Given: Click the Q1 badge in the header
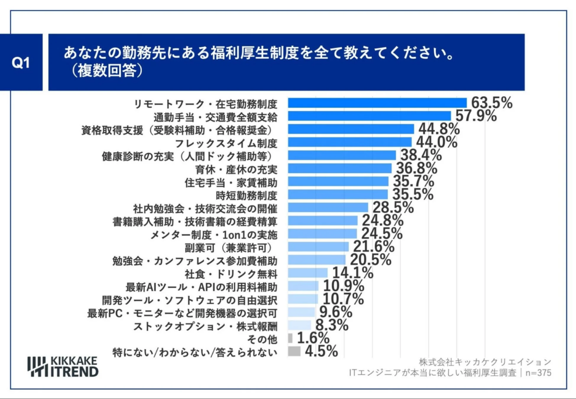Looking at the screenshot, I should (x=20, y=63).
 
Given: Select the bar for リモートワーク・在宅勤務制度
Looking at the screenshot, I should (x=377, y=103).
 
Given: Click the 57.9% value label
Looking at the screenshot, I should (x=476, y=116).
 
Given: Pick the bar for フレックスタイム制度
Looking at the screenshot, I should (x=350, y=142).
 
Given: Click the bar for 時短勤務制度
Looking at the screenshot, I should (x=338, y=195).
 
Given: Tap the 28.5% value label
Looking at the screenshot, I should (x=391, y=207).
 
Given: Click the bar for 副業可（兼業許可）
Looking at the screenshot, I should (x=318, y=247).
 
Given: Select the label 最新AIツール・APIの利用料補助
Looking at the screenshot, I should (x=202, y=286).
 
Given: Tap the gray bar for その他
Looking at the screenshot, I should (x=290, y=338).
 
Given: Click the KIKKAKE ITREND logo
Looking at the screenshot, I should (x=63, y=367).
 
